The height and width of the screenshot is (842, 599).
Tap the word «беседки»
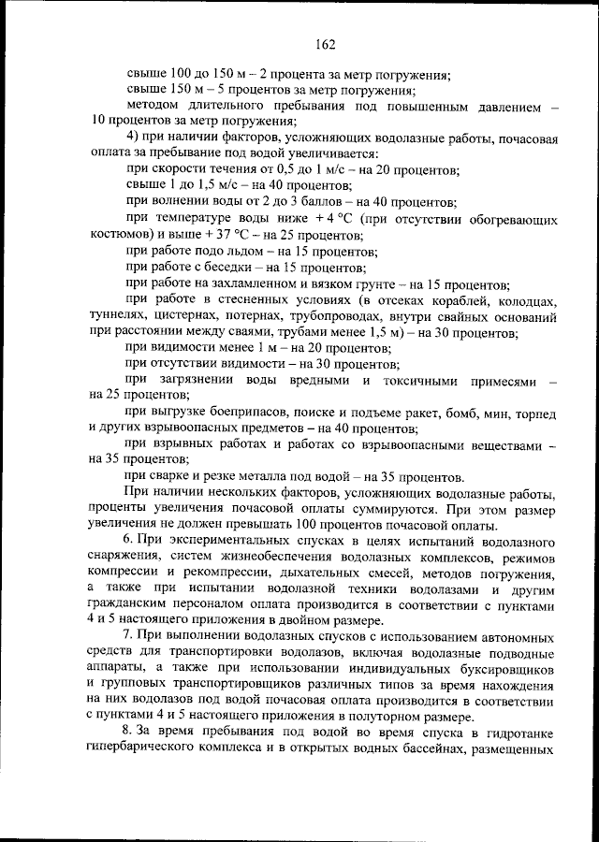pos(221,268)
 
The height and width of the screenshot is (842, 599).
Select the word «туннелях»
pos(117,316)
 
